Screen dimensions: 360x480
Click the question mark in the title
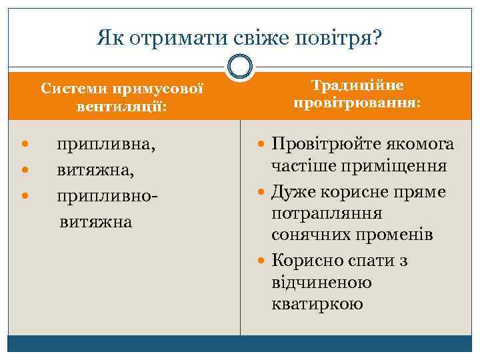pos(377,37)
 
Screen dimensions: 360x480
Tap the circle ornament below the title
pos(240,67)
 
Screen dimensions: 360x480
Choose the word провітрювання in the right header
pos(357,105)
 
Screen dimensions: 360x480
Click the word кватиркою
pos(317,304)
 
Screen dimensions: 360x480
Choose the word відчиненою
pos(322,283)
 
